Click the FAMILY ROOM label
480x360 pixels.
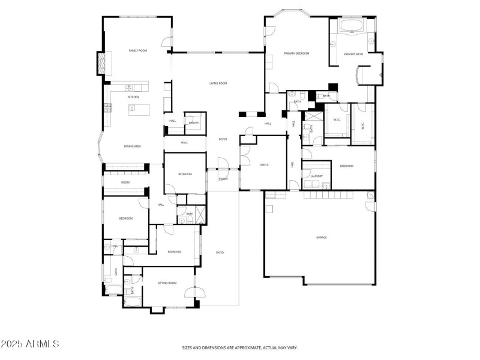[x=138, y=51]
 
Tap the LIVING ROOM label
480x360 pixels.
[x=218, y=83]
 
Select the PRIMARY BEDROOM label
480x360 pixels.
[x=296, y=53]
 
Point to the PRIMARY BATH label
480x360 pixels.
[x=353, y=55]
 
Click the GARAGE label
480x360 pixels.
[x=322, y=238]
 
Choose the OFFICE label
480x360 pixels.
[x=264, y=164]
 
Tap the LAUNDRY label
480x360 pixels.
[x=317, y=176]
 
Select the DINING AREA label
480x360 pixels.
[x=133, y=146]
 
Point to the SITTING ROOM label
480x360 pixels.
[x=167, y=283]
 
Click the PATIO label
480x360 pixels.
[x=220, y=253]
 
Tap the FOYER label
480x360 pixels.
[x=222, y=139]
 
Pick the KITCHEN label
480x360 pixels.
[x=133, y=97]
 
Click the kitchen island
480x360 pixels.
[x=139, y=109]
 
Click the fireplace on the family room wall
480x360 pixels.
[x=103, y=62]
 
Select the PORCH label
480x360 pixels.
[x=223, y=179]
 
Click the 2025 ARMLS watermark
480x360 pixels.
[x=29, y=344]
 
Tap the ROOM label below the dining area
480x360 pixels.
[x=125, y=182]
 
